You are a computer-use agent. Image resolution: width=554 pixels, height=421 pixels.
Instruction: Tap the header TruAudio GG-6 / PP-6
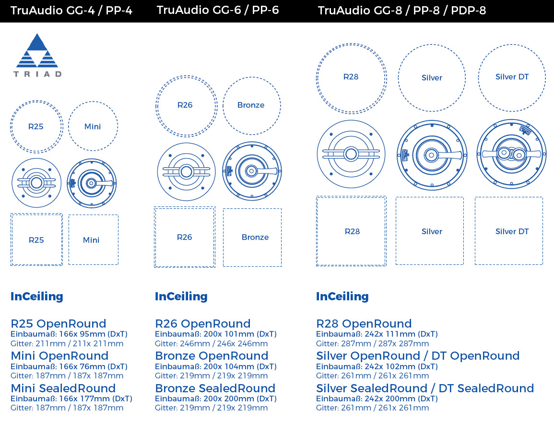(x=218, y=10)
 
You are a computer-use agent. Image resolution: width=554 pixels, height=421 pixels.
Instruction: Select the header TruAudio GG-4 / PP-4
(x=71, y=11)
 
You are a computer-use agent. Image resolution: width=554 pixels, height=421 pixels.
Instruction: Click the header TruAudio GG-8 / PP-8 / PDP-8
(x=402, y=11)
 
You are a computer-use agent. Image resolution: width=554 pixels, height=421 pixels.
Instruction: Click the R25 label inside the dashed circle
(x=35, y=127)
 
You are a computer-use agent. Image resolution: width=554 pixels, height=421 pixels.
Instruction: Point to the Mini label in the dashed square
(x=91, y=240)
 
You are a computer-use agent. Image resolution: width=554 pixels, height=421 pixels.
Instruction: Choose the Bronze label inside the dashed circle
(x=251, y=105)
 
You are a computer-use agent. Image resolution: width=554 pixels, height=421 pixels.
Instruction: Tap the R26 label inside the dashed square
(x=185, y=238)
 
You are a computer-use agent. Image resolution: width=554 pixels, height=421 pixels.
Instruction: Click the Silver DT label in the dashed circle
(x=512, y=77)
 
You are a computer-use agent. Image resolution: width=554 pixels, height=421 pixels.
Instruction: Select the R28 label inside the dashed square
(x=352, y=231)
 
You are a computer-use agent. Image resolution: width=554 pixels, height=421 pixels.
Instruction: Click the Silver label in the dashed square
(x=432, y=231)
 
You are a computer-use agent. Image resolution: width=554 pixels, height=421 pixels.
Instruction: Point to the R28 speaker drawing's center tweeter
(x=351, y=154)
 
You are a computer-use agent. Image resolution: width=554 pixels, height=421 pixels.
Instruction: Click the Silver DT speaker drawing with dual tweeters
(x=512, y=154)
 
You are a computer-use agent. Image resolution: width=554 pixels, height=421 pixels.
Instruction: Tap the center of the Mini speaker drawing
(x=92, y=183)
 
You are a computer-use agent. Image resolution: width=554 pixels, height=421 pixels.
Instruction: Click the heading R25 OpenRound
(x=59, y=324)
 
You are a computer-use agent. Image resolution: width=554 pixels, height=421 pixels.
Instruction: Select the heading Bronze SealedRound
(x=215, y=388)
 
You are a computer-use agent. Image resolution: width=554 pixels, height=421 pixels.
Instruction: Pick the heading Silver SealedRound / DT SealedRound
(x=424, y=388)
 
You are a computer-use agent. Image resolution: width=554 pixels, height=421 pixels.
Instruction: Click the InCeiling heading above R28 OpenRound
(x=342, y=296)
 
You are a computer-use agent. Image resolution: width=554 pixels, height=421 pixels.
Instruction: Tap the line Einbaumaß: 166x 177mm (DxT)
(x=71, y=399)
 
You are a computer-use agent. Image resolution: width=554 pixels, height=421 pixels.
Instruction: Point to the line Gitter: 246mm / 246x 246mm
(x=211, y=344)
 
